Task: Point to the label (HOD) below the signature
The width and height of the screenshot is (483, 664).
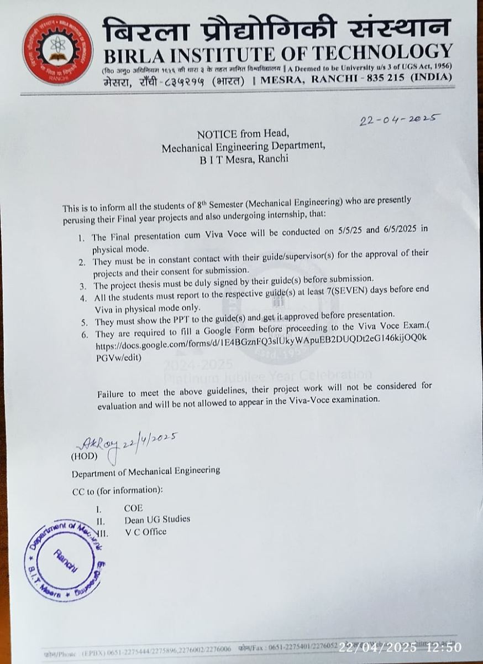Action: [x=84, y=457]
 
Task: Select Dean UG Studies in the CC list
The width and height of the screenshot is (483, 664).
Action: [x=157, y=520]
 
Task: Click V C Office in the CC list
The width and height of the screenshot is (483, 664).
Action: [x=145, y=532]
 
